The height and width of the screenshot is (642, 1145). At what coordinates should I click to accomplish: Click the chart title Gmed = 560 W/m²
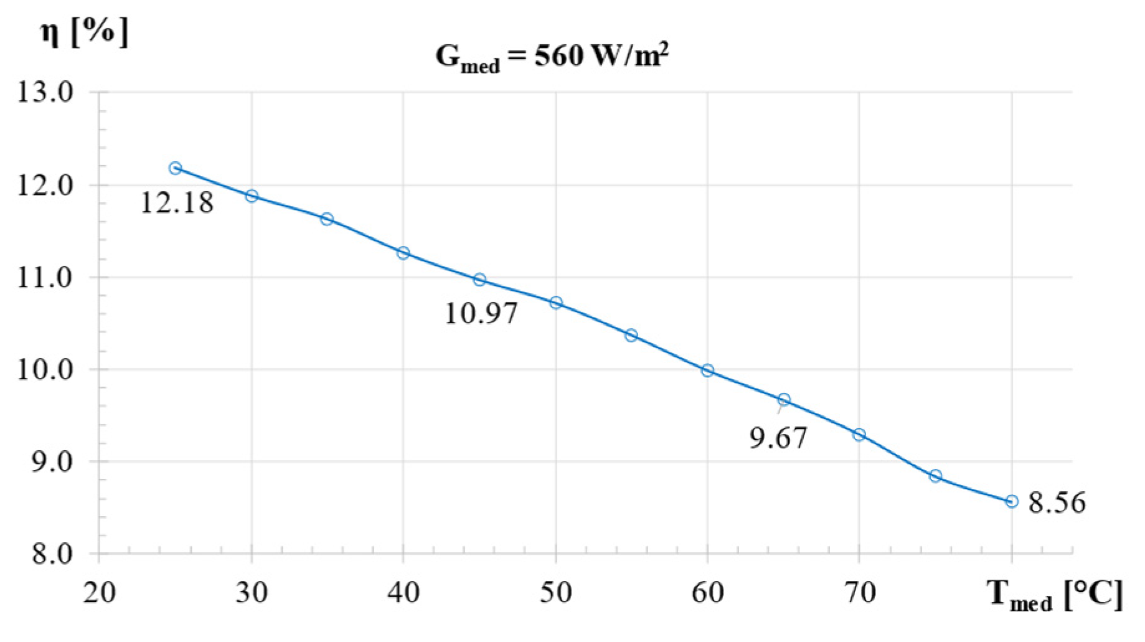pos(552,57)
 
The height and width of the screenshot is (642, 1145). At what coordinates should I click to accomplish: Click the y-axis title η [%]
pos(84,31)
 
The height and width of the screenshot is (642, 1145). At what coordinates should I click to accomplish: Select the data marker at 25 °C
pos(176,168)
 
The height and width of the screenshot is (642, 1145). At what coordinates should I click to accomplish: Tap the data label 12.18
pos(177,203)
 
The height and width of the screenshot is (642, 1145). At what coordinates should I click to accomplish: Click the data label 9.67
pos(778,438)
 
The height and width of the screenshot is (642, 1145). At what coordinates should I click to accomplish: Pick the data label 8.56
pos(1057,503)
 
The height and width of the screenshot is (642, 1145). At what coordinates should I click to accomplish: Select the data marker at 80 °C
pos(1012,501)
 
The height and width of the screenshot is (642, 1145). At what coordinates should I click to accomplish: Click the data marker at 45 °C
pos(479,280)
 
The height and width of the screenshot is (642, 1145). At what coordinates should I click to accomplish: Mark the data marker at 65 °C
pos(784,400)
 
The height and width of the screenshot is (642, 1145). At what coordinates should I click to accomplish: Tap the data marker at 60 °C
pos(707,371)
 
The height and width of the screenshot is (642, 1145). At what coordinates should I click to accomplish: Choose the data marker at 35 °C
pos(327,219)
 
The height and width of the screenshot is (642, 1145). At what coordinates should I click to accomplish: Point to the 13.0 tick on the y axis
pos(45,93)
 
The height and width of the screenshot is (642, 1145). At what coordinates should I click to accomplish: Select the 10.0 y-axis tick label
pos(45,370)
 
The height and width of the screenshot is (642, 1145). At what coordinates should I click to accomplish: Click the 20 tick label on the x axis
pos(99,592)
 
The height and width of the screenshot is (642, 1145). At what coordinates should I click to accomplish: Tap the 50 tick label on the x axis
pos(555,592)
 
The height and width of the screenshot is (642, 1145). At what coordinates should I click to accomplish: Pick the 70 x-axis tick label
pos(859,592)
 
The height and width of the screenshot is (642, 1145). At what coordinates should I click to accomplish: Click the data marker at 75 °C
pos(935,476)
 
